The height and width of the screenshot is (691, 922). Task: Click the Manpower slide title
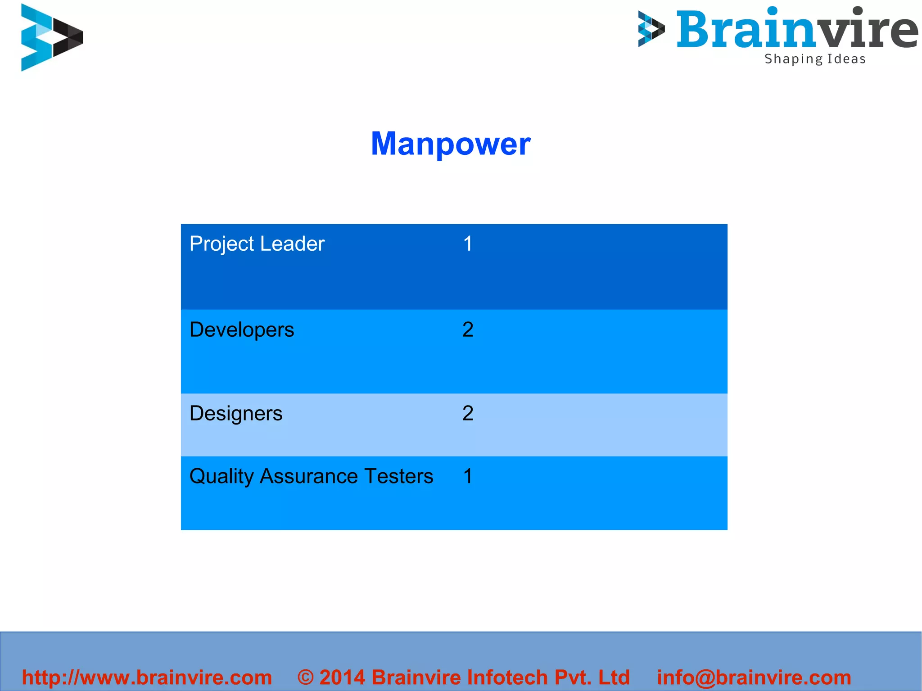click(x=450, y=144)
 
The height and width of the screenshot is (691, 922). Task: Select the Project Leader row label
click(x=257, y=244)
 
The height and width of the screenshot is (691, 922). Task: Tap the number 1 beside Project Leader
click(x=468, y=244)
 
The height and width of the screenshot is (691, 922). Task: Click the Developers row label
click(x=241, y=330)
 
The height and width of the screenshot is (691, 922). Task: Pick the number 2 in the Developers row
click(x=468, y=330)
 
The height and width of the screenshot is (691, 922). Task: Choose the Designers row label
click(x=235, y=414)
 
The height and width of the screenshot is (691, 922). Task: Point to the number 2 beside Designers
click(x=468, y=413)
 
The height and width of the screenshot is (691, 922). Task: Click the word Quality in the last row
click(x=221, y=477)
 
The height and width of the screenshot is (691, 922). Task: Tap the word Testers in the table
click(x=398, y=476)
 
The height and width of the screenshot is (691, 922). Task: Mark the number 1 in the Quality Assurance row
click(x=468, y=476)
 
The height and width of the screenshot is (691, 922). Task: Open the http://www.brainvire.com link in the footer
click(x=147, y=677)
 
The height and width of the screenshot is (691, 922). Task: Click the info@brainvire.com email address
click(x=754, y=677)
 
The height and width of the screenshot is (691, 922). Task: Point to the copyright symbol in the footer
click(x=305, y=677)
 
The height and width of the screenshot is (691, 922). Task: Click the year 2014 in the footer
click(x=342, y=677)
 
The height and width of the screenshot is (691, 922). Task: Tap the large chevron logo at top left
click(x=51, y=37)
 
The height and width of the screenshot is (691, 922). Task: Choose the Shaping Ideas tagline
click(x=815, y=59)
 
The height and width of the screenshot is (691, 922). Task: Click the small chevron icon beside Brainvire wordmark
click(x=651, y=29)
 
